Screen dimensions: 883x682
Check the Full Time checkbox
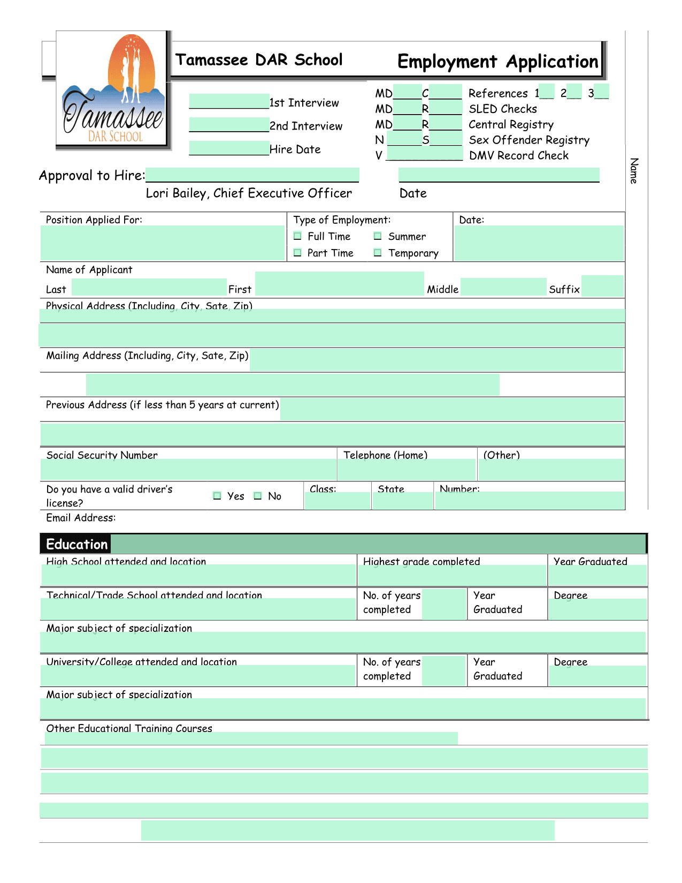click(x=298, y=236)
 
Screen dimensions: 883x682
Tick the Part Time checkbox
click(x=298, y=253)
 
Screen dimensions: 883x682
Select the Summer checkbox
click(x=378, y=236)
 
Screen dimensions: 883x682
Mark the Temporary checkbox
click(x=378, y=253)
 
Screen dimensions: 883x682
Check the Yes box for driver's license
click(x=217, y=496)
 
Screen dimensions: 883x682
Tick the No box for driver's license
click(x=258, y=496)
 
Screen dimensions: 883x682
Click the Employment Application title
click(x=497, y=62)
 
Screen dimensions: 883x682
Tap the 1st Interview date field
click(x=229, y=101)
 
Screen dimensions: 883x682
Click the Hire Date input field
click(x=229, y=148)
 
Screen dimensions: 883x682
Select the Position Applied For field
click(x=163, y=243)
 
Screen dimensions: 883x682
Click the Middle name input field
click(x=503, y=287)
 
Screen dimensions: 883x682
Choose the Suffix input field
click(x=602, y=286)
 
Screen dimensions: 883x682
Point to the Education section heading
click(x=76, y=545)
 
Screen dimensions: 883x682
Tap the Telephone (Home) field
click(x=407, y=470)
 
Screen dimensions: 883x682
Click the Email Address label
click(x=81, y=518)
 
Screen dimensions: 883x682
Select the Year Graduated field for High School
click(x=597, y=576)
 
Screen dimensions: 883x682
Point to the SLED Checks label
click(x=503, y=109)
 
